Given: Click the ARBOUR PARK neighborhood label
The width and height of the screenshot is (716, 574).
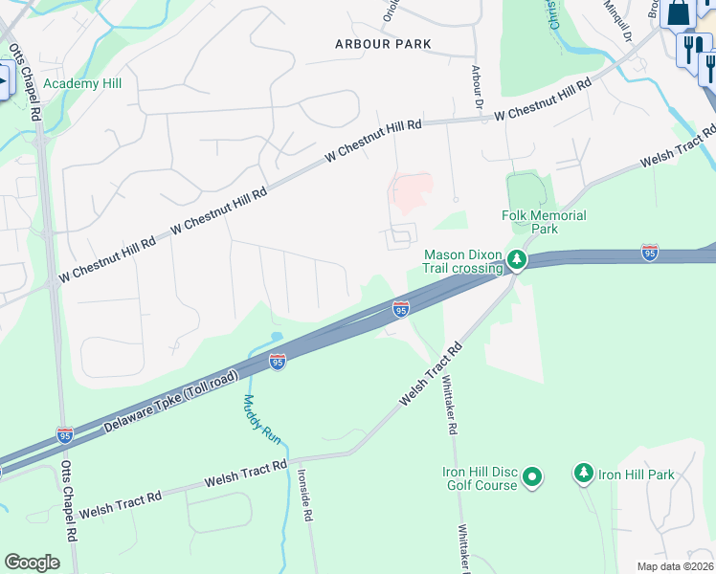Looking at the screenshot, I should click(x=383, y=44).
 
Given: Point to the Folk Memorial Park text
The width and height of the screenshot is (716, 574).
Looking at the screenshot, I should click(x=544, y=223).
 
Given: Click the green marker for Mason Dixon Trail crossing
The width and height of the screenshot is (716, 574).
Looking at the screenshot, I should click(x=517, y=259).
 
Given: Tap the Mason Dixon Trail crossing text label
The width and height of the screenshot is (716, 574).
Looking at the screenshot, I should click(x=462, y=261).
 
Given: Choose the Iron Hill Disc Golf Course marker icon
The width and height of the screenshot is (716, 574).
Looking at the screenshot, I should click(x=533, y=475).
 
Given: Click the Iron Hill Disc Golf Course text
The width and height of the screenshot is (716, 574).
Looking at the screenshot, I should click(x=480, y=479).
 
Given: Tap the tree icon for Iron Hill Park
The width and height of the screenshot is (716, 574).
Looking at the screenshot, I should click(x=583, y=474).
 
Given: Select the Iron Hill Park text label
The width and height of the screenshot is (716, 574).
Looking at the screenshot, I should click(x=637, y=475).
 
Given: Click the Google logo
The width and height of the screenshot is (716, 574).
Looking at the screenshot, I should click(x=32, y=563).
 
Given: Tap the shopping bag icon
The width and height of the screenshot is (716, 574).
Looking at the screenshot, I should click(x=679, y=12).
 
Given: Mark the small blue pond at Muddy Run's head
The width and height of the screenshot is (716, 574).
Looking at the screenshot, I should click(x=277, y=338).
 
